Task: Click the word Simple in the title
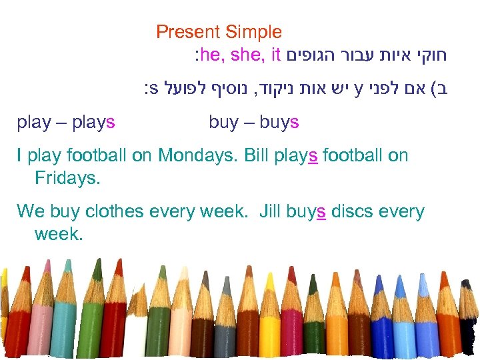point(253,32)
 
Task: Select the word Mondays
point(198,156)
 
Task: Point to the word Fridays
point(67,178)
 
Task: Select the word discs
point(354,212)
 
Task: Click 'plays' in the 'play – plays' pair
point(91,123)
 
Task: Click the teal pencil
point(63,327)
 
